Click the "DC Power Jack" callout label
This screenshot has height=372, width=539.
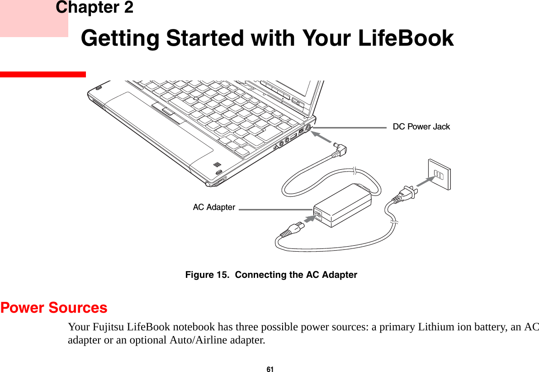421,127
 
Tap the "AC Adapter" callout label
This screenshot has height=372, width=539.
214,207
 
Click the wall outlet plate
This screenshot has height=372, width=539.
439,173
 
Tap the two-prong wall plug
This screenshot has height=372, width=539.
406,194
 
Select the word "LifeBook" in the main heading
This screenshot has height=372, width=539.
406,38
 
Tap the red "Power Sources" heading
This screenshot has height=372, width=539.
54,308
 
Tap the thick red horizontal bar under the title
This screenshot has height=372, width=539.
43,74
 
